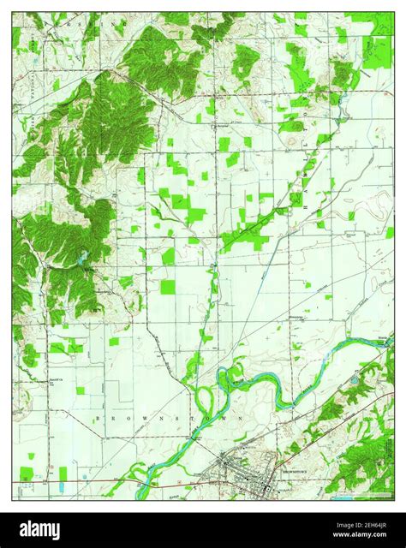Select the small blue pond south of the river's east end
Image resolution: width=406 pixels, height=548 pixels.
(355, 377)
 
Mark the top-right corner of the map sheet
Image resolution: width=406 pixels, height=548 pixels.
(394, 12)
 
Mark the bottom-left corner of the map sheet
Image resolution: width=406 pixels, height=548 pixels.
(12, 499)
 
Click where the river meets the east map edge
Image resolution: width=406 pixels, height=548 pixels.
(392, 341)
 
